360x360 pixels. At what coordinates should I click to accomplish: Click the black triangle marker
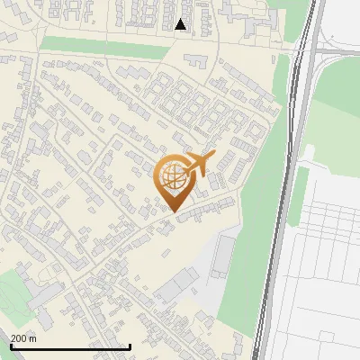(181, 24)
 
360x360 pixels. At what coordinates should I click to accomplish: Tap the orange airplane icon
(197, 165)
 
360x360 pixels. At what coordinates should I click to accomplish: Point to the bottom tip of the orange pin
(173, 211)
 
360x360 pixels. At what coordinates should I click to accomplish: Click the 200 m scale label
(23, 338)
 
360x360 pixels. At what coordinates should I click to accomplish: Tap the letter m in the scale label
(33, 338)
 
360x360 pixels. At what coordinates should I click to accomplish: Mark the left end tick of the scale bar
(11, 346)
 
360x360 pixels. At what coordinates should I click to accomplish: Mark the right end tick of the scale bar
(130, 346)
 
